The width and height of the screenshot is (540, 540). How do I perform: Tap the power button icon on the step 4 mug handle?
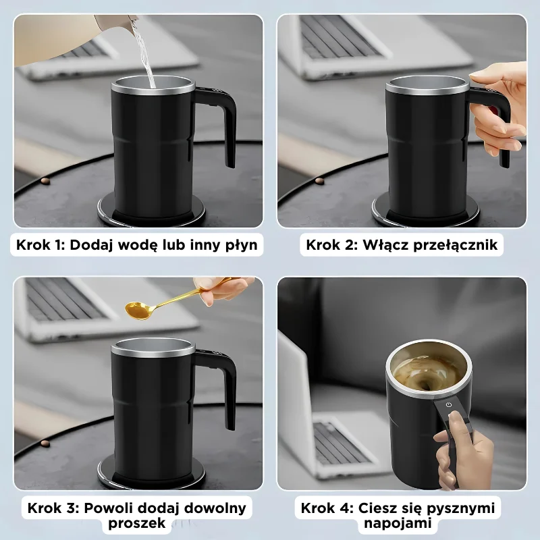click(x=449, y=404)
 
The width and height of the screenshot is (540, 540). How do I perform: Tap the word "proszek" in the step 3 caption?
click(x=137, y=523)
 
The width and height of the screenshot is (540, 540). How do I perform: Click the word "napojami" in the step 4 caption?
click(x=398, y=523)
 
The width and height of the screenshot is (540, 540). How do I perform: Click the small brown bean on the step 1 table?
click(x=45, y=181)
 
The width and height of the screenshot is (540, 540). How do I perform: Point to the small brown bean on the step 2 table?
click(x=319, y=181)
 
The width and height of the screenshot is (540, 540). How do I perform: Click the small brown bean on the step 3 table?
click(x=45, y=443)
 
